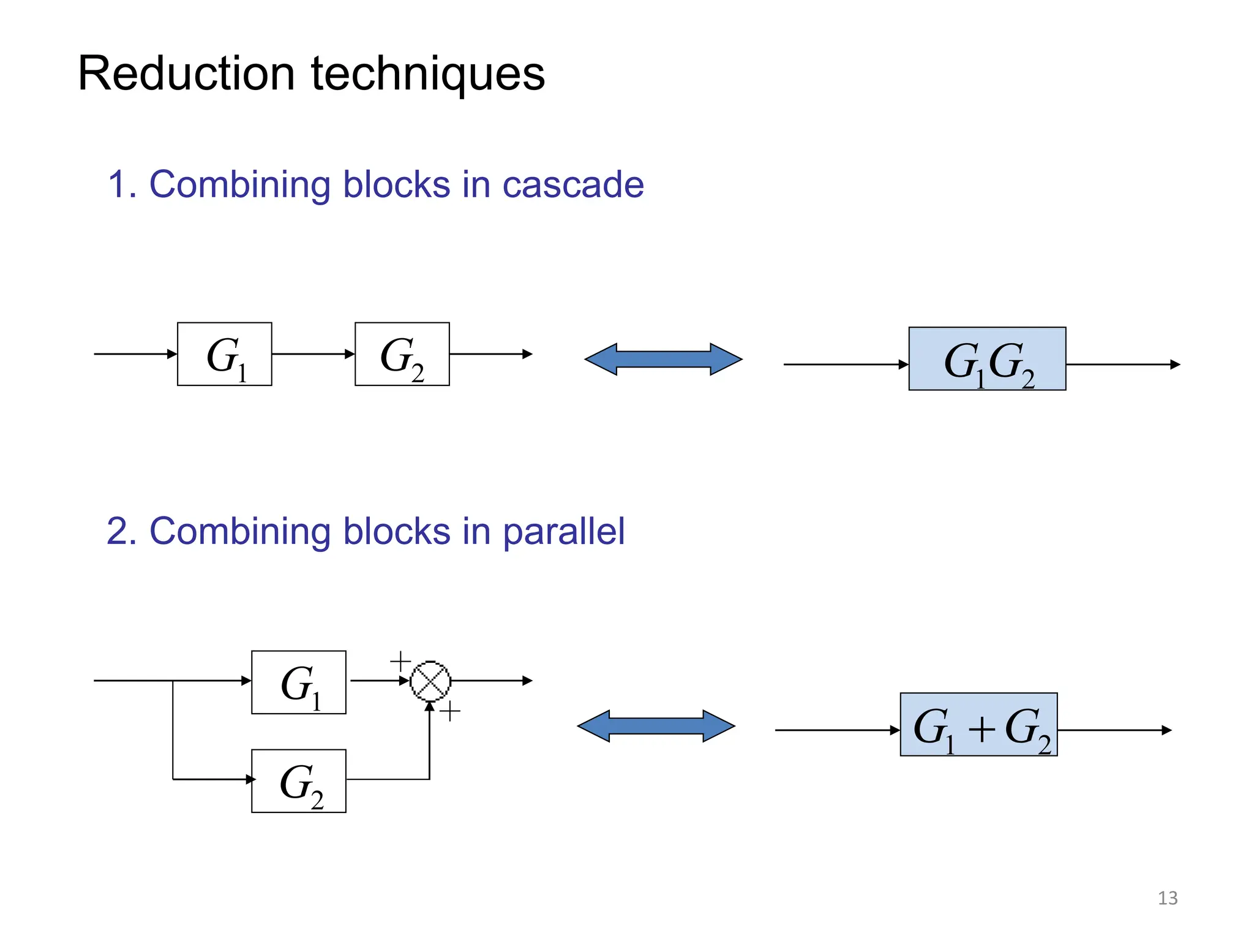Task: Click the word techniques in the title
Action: pyautogui.click(x=428, y=75)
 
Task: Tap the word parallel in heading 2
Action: pyautogui.click(x=563, y=531)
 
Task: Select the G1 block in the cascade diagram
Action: pyautogui.click(x=224, y=354)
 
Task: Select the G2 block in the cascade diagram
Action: pyautogui.click(x=402, y=354)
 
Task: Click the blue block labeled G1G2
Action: pyautogui.click(x=986, y=359)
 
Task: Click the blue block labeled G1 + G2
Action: pyautogui.click(x=978, y=724)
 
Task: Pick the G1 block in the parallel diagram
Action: pyautogui.click(x=298, y=682)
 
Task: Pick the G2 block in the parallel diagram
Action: pyautogui.click(x=298, y=780)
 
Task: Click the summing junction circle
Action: pyautogui.click(x=430, y=681)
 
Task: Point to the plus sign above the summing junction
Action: pyautogui.click(x=400, y=662)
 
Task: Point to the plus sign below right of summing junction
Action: pyautogui.click(x=450, y=711)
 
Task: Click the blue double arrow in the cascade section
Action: pyautogui.click(x=663, y=359)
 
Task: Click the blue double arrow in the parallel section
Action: pyautogui.click(x=656, y=726)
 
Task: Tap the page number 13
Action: pyautogui.click(x=1167, y=898)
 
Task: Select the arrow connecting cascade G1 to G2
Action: pyautogui.click(x=313, y=354)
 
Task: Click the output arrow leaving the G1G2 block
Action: pyautogui.click(x=1122, y=365)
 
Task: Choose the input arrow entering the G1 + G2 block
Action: pyautogui.click(x=836, y=730)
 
